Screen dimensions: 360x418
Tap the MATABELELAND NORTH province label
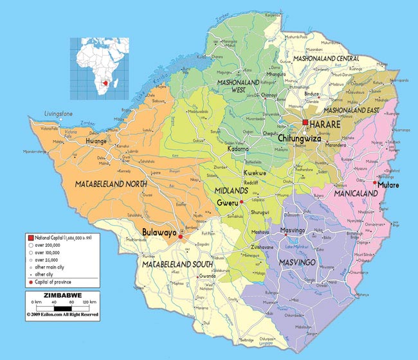[111, 184]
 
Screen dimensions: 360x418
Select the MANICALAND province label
[354, 191]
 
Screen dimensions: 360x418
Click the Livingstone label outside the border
[59, 114]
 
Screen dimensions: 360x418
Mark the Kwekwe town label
[254, 174]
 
